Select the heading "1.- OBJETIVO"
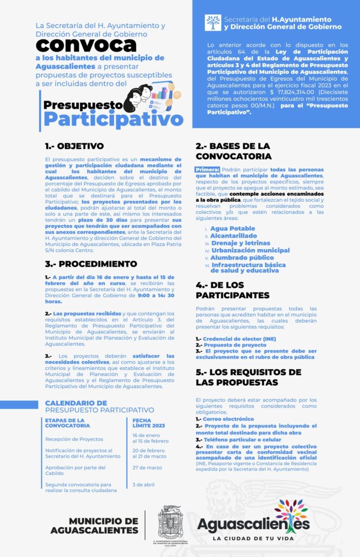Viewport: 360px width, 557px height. (x=74, y=146)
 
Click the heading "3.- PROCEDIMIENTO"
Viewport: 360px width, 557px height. (x=91, y=264)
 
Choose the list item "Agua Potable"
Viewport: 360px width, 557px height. (x=232, y=228)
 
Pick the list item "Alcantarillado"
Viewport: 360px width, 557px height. (x=234, y=236)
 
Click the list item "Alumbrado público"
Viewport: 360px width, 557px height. (x=242, y=257)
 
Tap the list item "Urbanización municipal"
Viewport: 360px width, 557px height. (x=250, y=250)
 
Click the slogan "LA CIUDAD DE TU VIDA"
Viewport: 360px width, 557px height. (x=253, y=539)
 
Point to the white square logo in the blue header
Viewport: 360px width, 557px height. (x=213, y=23)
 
